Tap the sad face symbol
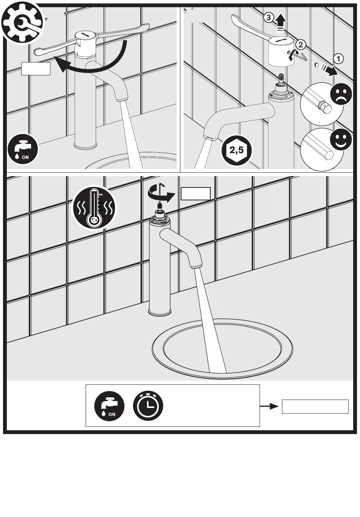[x=341, y=94]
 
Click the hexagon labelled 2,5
[x=237, y=150]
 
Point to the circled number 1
[x=338, y=59]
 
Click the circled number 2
[x=300, y=45]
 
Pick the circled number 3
[x=268, y=17]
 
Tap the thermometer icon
[x=94, y=208]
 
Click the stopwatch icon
[x=148, y=405]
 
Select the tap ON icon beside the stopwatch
[x=110, y=406]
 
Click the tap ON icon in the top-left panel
[x=23, y=148]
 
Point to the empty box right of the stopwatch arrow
[x=315, y=406]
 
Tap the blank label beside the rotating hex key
[x=196, y=194]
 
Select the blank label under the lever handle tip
[x=36, y=69]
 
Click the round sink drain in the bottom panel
[x=222, y=348]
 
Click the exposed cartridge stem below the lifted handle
[x=282, y=81]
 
